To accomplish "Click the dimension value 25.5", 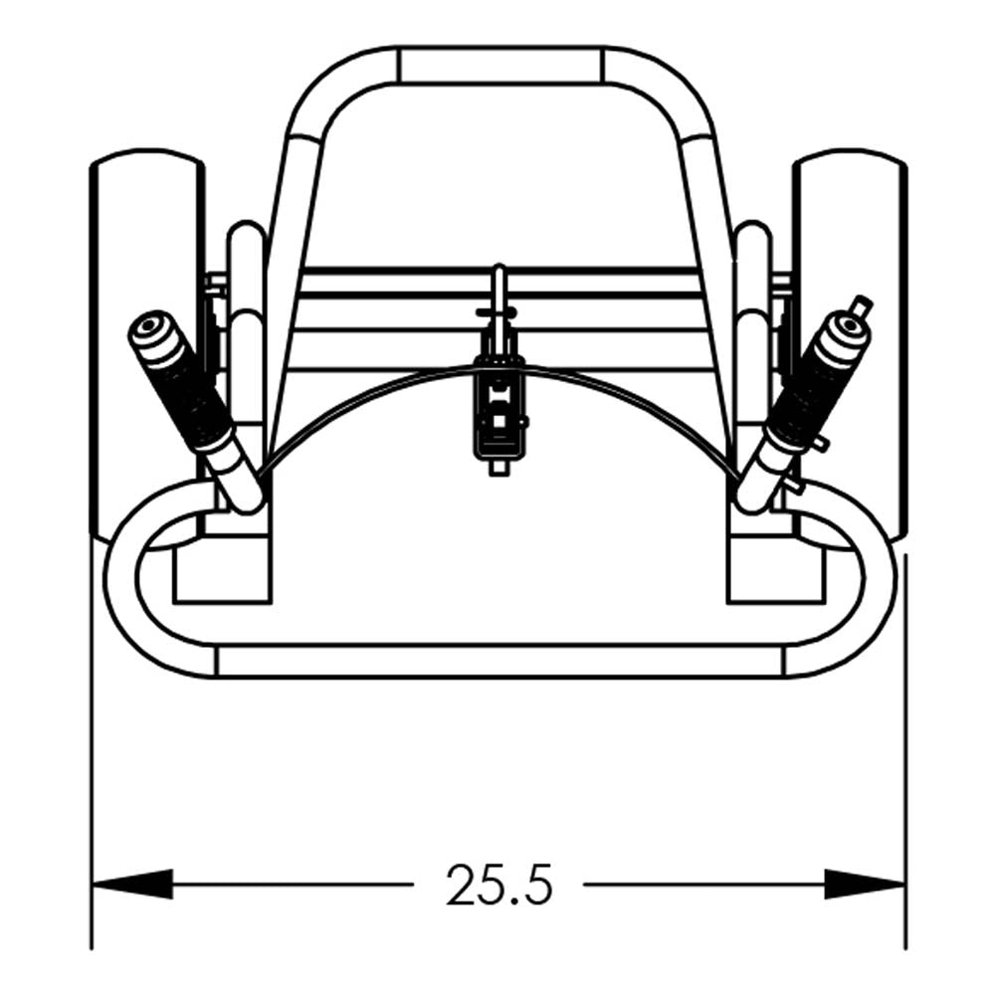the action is click(x=499, y=885).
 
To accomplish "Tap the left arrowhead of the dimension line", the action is click(x=132, y=884).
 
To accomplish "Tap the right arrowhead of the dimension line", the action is click(x=864, y=884).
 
